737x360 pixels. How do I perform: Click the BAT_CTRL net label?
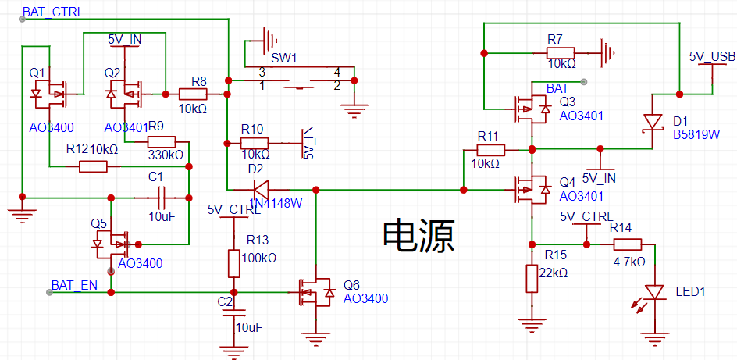tap(53, 12)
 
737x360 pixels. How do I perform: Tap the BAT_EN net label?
tap(74, 285)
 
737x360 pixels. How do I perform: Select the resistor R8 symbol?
tap(193, 94)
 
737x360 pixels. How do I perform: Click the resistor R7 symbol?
tap(561, 52)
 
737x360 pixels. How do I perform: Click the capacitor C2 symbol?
tap(233, 313)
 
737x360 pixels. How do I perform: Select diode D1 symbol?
tap(653, 122)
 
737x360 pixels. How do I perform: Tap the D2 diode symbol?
tap(261, 190)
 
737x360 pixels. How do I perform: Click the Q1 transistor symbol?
tap(50, 94)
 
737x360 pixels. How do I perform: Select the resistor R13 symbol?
tap(233, 264)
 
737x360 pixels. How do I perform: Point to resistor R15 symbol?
tap(532, 278)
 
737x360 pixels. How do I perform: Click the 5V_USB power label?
tap(711, 56)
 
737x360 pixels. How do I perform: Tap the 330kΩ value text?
tap(166, 155)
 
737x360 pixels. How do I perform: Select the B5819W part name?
tap(696, 135)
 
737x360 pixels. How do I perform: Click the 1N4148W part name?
tap(275, 203)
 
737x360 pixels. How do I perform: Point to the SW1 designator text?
tap(284, 59)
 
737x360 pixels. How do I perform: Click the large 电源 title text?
tap(418, 236)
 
